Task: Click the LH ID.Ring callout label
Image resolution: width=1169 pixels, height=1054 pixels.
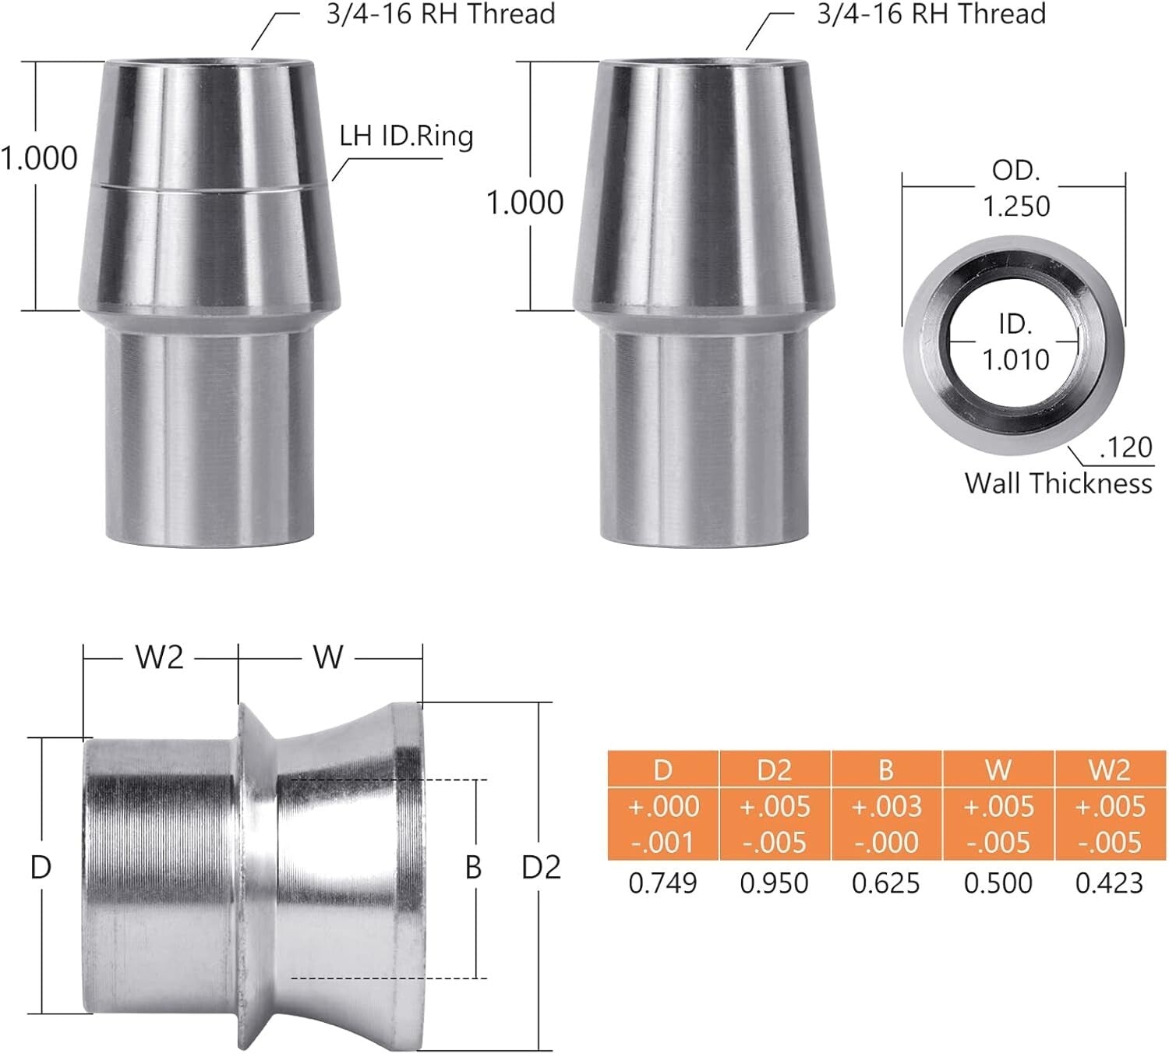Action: pyautogui.click(x=406, y=136)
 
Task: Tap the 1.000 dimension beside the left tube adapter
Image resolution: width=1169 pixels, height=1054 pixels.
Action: pyautogui.click(x=39, y=158)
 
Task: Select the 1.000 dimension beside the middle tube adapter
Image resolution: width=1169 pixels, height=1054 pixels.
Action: pyautogui.click(x=525, y=203)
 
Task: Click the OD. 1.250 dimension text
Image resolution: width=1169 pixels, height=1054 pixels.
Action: pyautogui.click(x=1016, y=189)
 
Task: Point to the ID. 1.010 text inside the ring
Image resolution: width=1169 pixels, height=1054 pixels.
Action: pyautogui.click(x=1016, y=342)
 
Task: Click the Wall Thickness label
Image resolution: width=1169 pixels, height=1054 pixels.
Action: pyautogui.click(x=1058, y=483)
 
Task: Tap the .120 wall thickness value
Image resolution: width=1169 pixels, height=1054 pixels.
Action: pyautogui.click(x=1125, y=447)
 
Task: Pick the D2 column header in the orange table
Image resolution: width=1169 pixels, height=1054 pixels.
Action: pyautogui.click(x=775, y=770)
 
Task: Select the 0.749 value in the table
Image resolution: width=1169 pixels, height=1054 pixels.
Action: pyautogui.click(x=662, y=883)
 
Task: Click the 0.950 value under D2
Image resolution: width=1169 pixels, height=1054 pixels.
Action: pyautogui.click(x=775, y=883)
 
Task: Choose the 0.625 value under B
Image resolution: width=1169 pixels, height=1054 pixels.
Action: pyautogui.click(x=886, y=883)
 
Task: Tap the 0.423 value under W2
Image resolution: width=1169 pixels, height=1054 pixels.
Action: pyautogui.click(x=1109, y=883)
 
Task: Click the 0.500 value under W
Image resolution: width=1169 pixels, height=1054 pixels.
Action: pyautogui.click(x=998, y=883)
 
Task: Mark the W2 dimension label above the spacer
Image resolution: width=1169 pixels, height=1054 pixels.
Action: pyautogui.click(x=160, y=658)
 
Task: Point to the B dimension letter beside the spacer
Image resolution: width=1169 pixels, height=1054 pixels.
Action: pyautogui.click(x=473, y=868)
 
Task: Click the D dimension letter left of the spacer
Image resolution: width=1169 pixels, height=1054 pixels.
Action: pyautogui.click(x=41, y=867)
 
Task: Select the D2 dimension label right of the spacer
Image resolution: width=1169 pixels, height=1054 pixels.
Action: pyautogui.click(x=541, y=868)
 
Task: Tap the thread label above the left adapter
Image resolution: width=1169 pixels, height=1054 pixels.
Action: pyautogui.click(x=440, y=15)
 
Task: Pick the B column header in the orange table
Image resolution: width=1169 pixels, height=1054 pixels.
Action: pyautogui.click(x=886, y=770)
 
